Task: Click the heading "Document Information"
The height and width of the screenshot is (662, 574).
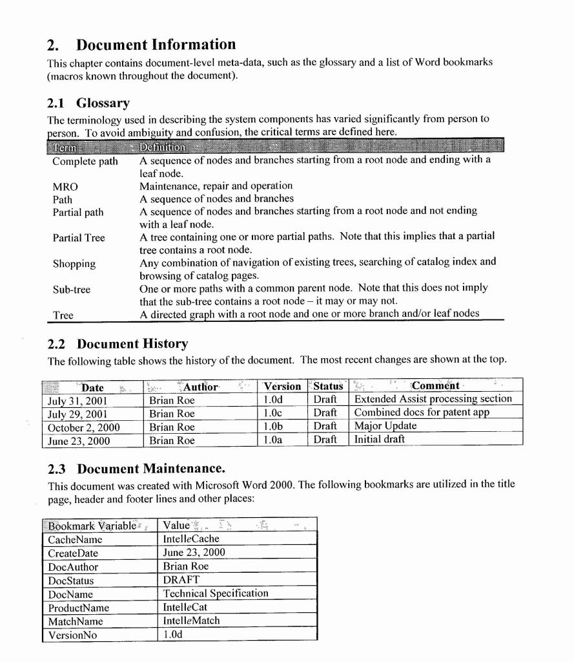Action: tap(156, 45)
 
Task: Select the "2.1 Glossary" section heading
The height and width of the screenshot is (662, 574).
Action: tap(88, 103)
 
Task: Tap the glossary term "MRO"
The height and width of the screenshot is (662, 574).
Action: tap(65, 187)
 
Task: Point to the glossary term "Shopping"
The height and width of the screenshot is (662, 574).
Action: tap(74, 264)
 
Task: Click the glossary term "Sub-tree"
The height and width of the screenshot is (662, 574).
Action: tap(72, 290)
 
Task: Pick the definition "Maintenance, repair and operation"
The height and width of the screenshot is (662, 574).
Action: tap(216, 186)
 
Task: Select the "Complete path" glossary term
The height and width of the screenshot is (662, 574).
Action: tap(85, 161)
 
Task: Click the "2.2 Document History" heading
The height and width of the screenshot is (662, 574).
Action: tap(118, 343)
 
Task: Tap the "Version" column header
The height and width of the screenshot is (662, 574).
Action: tap(282, 387)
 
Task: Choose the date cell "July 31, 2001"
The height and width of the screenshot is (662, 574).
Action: tap(77, 400)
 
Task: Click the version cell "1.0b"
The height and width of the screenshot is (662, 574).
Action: tap(274, 427)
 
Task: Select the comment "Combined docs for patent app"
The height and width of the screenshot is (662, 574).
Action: tap(422, 412)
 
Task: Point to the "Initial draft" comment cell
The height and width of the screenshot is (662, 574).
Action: tap(380, 440)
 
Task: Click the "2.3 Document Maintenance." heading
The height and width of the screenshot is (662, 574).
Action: tap(136, 468)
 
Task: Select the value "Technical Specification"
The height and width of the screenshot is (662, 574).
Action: tap(215, 593)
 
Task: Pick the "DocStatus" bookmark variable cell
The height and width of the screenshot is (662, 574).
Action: tap(71, 581)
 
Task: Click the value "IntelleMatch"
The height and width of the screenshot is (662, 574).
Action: tap(191, 621)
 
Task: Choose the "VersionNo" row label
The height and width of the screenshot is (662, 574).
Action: tap(72, 635)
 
